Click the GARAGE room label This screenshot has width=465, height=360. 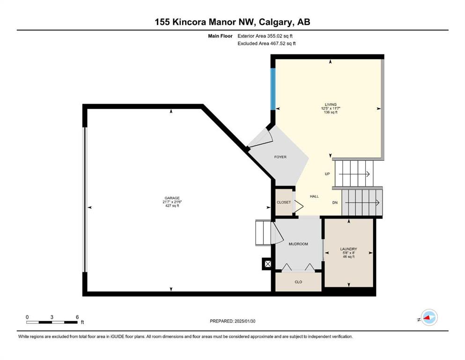point(172,198)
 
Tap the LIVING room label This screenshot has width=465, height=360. point(331,105)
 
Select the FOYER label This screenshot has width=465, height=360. point(280,157)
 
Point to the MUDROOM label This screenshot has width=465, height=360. point(298,244)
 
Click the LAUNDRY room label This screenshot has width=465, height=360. point(348,249)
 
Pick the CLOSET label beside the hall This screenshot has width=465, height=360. point(284,202)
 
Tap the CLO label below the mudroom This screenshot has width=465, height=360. point(298,282)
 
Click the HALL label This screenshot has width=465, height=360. point(314,196)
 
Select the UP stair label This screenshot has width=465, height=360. point(327,174)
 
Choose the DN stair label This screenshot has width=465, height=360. point(335,202)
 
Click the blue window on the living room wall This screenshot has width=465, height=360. point(273,89)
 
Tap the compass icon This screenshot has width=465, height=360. point(429,317)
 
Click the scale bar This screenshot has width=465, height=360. point(52,322)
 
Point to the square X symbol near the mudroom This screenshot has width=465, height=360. point(268,263)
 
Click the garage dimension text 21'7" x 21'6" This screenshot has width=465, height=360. point(172,202)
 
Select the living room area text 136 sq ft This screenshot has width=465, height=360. point(331,112)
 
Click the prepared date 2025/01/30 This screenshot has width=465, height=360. point(244,321)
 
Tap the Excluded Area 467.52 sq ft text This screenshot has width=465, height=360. point(266,43)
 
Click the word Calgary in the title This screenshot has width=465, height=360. point(275,22)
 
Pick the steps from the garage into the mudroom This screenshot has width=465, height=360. point(264,232)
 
